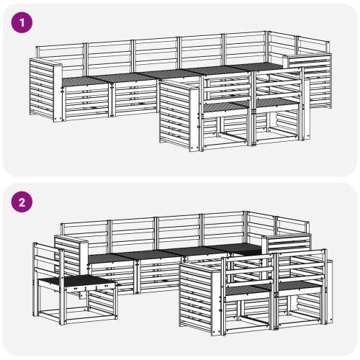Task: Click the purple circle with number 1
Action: point(22,22)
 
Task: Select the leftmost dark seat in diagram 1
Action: point(84,81)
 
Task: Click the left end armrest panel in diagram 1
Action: point(45,90)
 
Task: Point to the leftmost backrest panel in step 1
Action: point(60,60)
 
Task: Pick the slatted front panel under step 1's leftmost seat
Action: point(86,102)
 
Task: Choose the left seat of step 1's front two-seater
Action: point(225,106)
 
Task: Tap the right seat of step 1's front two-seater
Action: point(276,102)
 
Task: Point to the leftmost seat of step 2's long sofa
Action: point(111,258)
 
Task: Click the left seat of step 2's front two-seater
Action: point(247,290)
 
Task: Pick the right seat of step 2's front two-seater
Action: point(299,286)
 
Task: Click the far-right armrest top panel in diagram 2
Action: point(287,243)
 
